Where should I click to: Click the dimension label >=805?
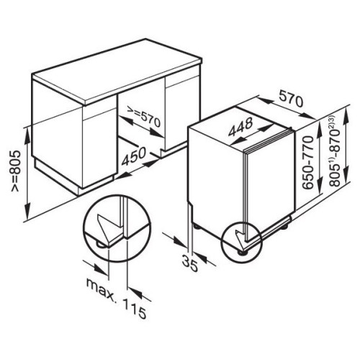point(17,171)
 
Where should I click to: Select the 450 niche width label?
point(133,156)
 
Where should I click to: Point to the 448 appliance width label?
point(240,127)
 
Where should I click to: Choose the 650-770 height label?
point(308,162)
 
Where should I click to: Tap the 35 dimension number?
point(190,264)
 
